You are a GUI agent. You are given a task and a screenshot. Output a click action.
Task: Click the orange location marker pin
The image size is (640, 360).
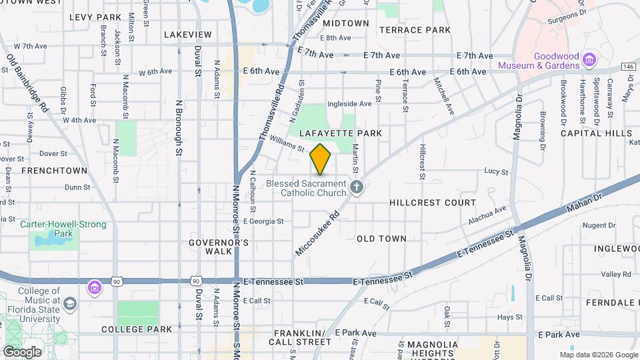click(x=321, y=159)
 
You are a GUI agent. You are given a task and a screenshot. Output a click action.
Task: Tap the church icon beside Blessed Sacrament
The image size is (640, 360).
click(x=357, y=187)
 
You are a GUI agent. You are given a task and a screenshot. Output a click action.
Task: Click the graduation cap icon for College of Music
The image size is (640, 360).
click(x=69, y=304)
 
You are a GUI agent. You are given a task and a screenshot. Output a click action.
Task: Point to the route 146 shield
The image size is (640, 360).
click(x=629, y=67)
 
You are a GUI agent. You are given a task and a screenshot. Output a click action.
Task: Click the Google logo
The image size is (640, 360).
click(x=21, y=351)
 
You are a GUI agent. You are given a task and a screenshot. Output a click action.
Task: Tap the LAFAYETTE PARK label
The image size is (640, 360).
click(x=341, y=133)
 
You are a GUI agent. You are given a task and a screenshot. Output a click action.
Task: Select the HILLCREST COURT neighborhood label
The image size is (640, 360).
click(x=433, y=202)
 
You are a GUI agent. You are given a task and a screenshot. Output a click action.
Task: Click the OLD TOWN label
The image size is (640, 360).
click(x=381, y=238)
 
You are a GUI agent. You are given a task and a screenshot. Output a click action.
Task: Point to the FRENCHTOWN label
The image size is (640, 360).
click(x=55, y=171)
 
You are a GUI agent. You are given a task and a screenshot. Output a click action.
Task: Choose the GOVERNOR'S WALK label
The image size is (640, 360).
click(x=209, y=247)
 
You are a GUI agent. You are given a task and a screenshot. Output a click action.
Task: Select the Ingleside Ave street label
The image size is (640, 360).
click(x=349, y=104)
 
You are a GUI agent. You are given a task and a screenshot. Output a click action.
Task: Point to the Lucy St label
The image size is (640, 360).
click(x=496, y=171)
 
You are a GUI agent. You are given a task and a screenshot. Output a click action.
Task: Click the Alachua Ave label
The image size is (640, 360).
click(x=487, y=212)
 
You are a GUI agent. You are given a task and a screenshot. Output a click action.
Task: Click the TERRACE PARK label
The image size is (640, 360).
click(x=415, y=30)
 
